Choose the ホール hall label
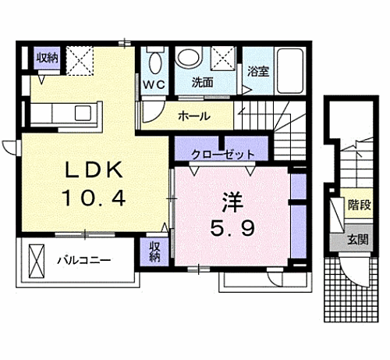click(193, 116)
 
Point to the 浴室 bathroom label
click(258, 70)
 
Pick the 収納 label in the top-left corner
click(46, 57)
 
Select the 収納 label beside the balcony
click(156, 251)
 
